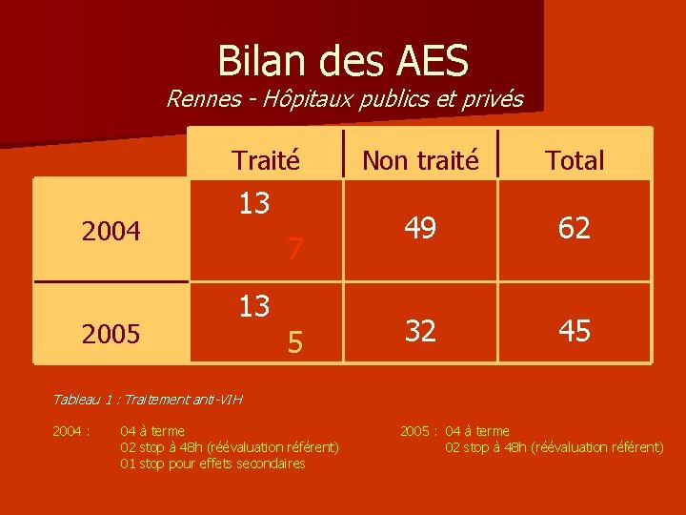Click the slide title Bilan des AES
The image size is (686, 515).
click(343, 61)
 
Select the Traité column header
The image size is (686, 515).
click(266, 160)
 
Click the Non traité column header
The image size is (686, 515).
click(420, 160)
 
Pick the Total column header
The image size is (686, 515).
click(575, 160)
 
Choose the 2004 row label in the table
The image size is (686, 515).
click(111, 231)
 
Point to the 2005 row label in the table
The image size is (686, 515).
click(111, 334)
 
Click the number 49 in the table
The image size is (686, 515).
click(420, 228)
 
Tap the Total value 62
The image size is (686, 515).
click(575, 228)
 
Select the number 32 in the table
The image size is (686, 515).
click(420, 331)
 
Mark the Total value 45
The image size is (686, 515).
click(575, 331)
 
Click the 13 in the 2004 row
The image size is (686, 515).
click(253, 203)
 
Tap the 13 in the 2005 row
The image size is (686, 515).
click(253, 306)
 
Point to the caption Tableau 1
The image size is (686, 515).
click(147, 399)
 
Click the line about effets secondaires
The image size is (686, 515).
click(212, 463)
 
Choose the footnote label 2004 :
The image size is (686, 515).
click(71, 431)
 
